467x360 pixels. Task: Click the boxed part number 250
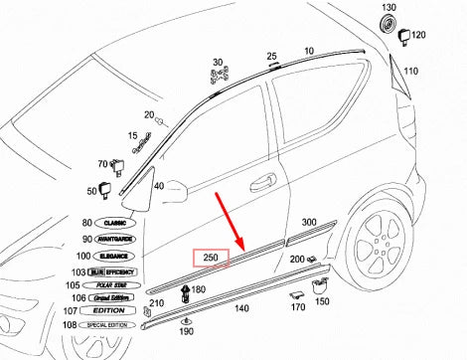click(211, 259)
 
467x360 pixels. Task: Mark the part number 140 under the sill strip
click(241, 309)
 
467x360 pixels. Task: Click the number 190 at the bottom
click(187, 331)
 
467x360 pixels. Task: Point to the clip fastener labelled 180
click(184, 292)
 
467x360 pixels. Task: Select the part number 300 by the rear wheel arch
click(309, 222)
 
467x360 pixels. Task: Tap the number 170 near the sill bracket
click(297, 307)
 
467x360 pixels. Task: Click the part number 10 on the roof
click(308, 50)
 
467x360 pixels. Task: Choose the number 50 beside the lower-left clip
click(92, 190)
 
